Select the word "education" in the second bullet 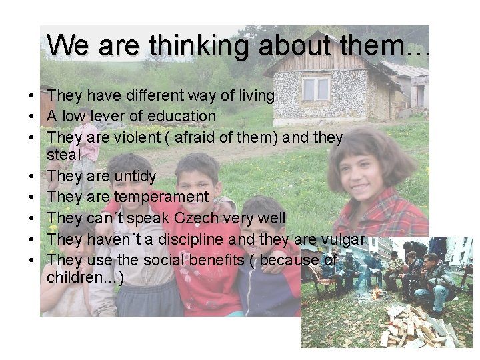[182, 116]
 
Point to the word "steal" [63, 154]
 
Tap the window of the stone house [315, 89]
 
